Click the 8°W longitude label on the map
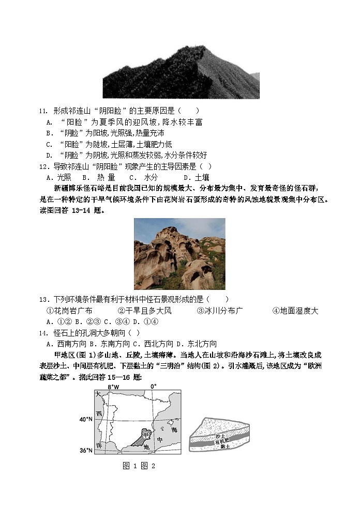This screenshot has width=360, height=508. point(113,387)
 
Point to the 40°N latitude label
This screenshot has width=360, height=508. point(86,420)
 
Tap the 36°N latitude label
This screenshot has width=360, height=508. point(86,451)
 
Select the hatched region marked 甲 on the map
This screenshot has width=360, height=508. point(146,433)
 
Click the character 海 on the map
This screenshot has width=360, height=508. point(174,430)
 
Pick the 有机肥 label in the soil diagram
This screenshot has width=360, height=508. point(220,442)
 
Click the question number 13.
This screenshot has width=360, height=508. point(43,299)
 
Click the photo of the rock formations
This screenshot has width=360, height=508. point(179,253)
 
